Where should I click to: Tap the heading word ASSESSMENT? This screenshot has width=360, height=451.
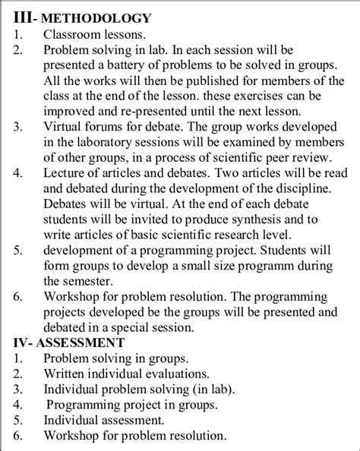pyautogui.click(x=84, y=342)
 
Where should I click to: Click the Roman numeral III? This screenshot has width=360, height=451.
pyautogui.click(x=23, y=17)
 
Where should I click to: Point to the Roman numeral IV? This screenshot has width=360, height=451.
pyautogui.click(x=21, y=342)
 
